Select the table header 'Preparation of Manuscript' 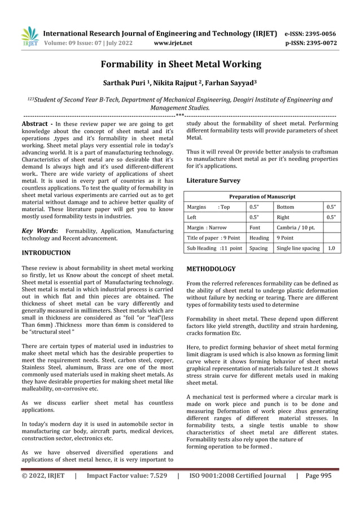[261, 196]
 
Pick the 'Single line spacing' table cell [298, 248]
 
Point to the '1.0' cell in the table [332, 248]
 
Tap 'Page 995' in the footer [323, 492]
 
